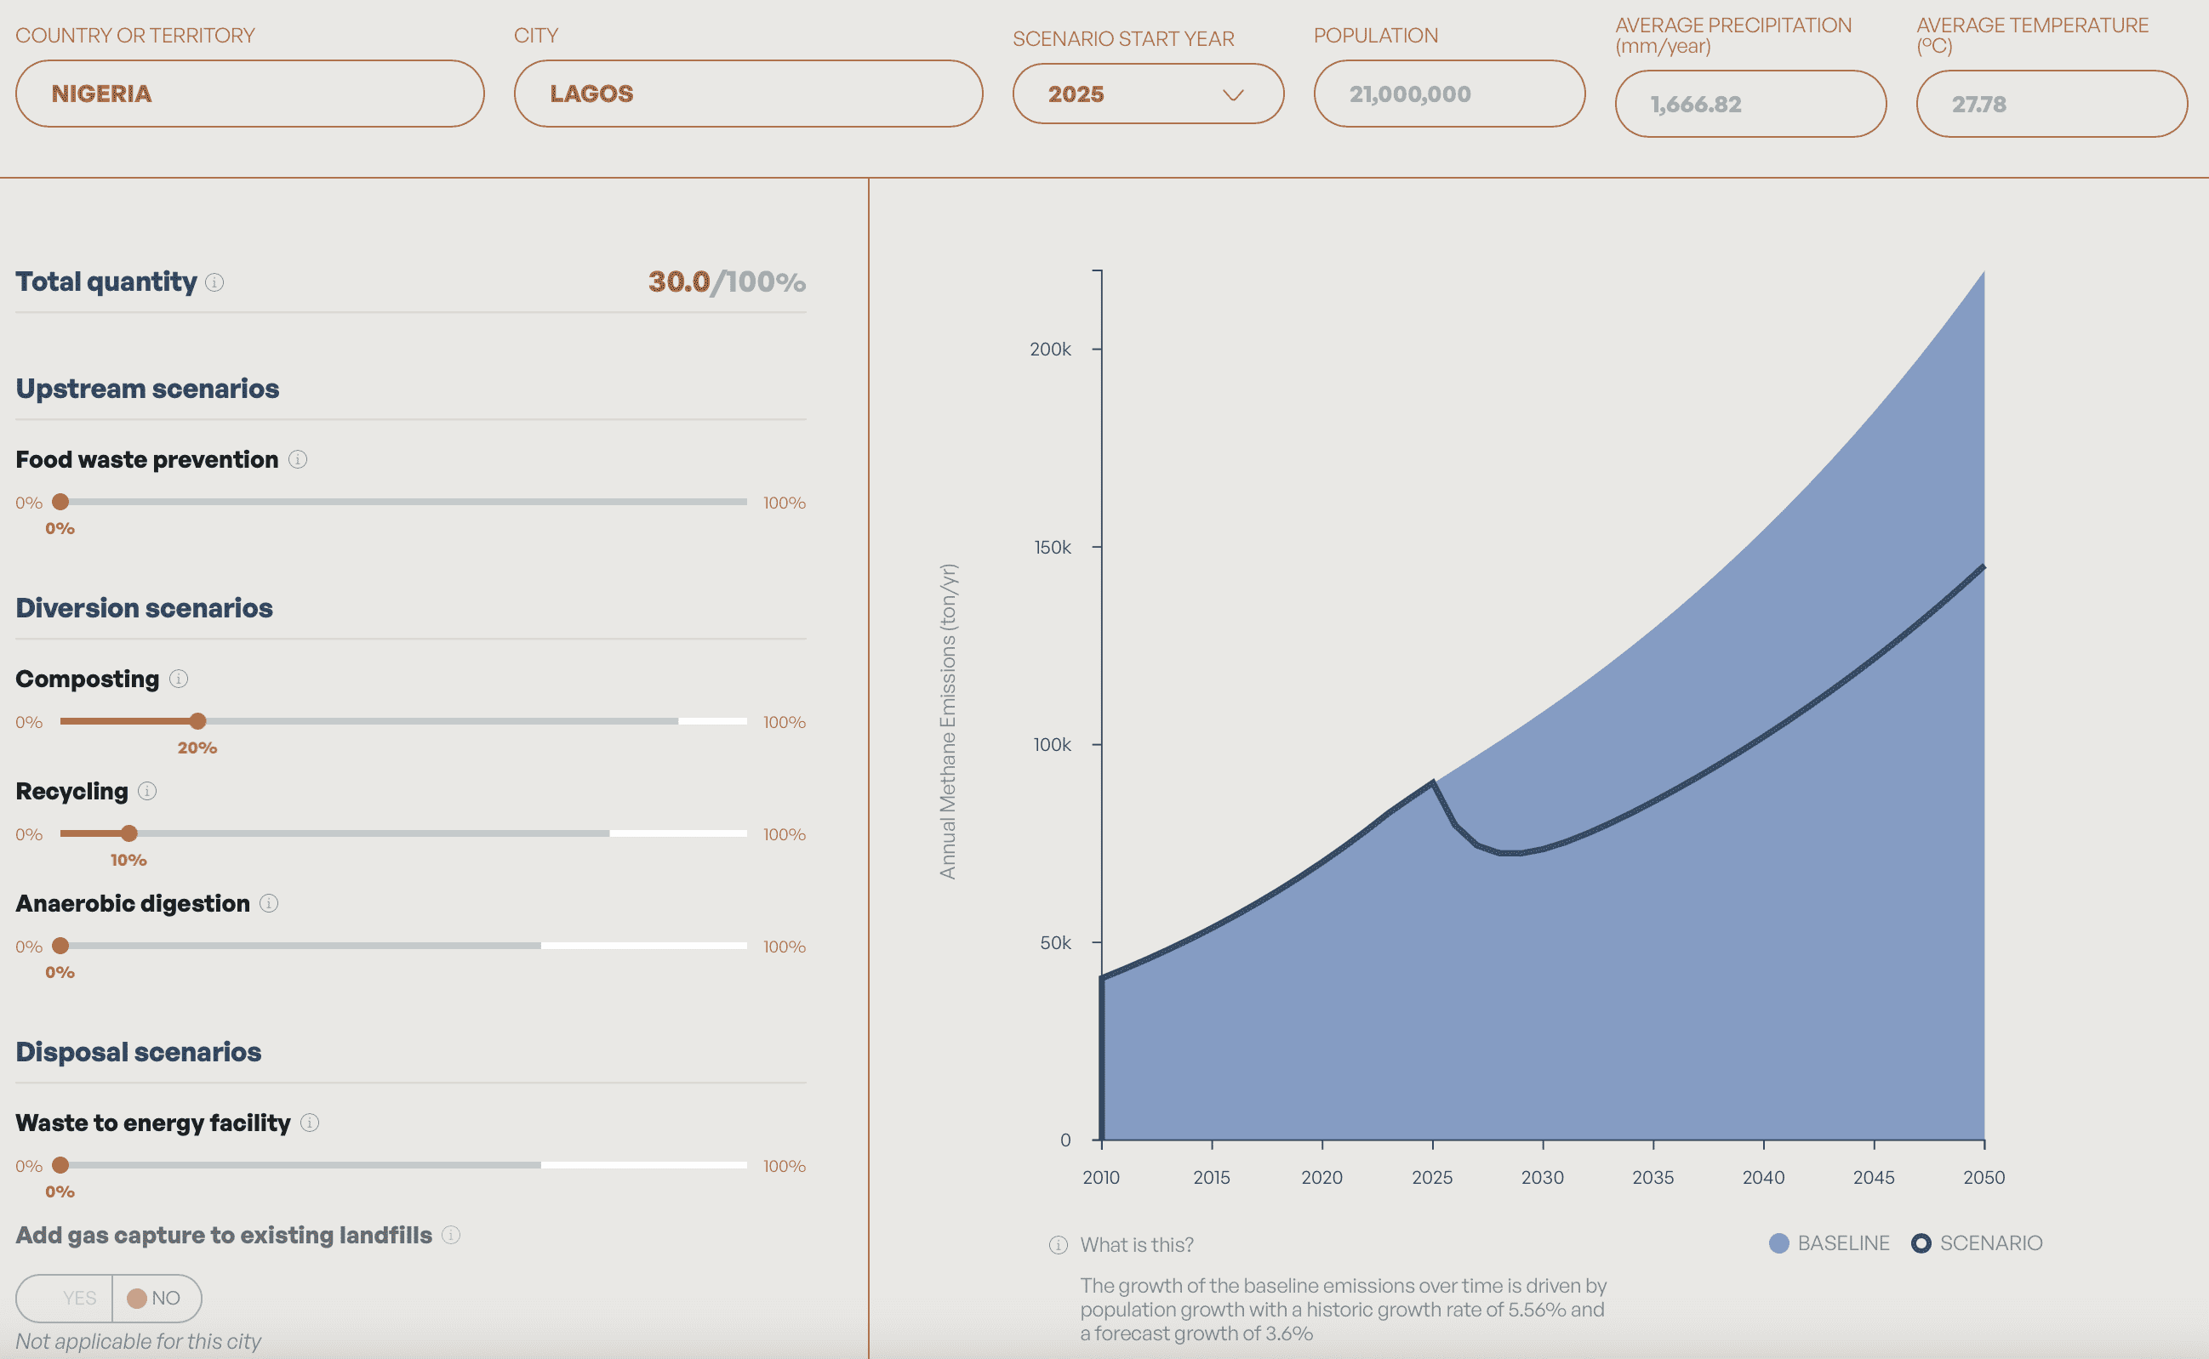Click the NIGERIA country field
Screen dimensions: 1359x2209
click(249, 94)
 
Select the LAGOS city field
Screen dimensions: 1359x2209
click(747, 94)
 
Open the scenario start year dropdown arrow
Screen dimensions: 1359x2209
click(1233, 94)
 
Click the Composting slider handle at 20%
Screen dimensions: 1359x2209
click(197, 721)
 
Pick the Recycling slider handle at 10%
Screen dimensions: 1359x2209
click(128, 833)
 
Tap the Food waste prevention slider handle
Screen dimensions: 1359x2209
click(60, 502)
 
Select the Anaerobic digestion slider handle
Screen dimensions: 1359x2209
click(60, 946)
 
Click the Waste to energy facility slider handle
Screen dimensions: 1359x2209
click(60, 1165)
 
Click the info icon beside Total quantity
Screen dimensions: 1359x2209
click(214, 282)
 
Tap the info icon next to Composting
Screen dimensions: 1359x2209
click(179, 679)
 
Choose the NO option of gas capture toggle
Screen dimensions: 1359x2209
click(155, 1298)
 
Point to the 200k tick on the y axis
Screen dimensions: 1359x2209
click(1050, 349)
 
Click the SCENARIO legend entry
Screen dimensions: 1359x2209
click(1977, 1243)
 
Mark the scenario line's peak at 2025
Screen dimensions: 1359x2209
click(1432, 783)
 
